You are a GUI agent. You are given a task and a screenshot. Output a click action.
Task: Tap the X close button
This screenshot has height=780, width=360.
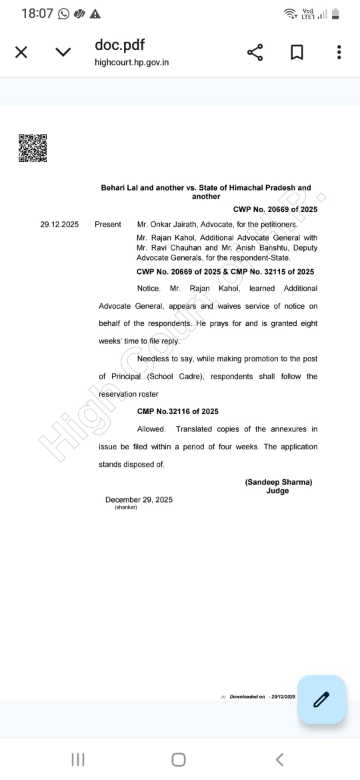click(21, 52)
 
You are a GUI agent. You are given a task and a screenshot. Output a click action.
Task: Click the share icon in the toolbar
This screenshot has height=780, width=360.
click(255, 52)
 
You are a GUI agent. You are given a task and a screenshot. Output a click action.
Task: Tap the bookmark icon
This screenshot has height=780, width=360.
click(297, 52)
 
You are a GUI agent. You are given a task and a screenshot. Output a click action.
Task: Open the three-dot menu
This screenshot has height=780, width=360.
click(339, 52)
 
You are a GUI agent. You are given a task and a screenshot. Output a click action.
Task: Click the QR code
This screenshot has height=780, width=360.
click(33, 148)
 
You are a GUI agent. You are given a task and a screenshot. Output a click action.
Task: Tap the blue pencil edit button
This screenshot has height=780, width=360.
click(321, 699)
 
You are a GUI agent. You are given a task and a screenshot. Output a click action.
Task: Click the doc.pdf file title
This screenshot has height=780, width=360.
click(120, 45)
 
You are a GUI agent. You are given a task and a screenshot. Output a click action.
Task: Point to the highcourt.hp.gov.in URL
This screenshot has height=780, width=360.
click(132, 62)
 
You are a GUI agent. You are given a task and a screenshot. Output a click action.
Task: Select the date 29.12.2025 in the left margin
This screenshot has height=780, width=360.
click(59, 224)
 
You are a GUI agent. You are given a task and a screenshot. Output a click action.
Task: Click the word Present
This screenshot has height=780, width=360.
click(108, 224)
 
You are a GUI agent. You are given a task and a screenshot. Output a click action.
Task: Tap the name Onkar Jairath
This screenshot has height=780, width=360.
click(172, 224)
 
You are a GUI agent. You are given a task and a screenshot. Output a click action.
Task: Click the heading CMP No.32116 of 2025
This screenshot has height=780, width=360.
click(178, 411)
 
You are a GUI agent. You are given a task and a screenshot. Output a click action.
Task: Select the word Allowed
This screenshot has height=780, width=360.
click(151, 429)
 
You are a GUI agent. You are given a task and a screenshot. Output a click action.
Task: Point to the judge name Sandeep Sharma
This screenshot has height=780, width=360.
click(278, 482)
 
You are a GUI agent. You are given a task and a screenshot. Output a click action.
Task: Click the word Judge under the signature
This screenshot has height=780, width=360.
click(277, 491)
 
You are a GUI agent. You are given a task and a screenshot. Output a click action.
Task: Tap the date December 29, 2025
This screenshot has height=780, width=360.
click(139, 499)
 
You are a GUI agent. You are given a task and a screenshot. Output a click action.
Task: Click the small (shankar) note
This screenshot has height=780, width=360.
click(126, 507)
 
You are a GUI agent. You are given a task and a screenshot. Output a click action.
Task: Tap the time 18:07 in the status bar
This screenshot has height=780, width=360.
click(37, 13)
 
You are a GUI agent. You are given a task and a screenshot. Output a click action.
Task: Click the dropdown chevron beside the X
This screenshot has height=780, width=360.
click(63, 52)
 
